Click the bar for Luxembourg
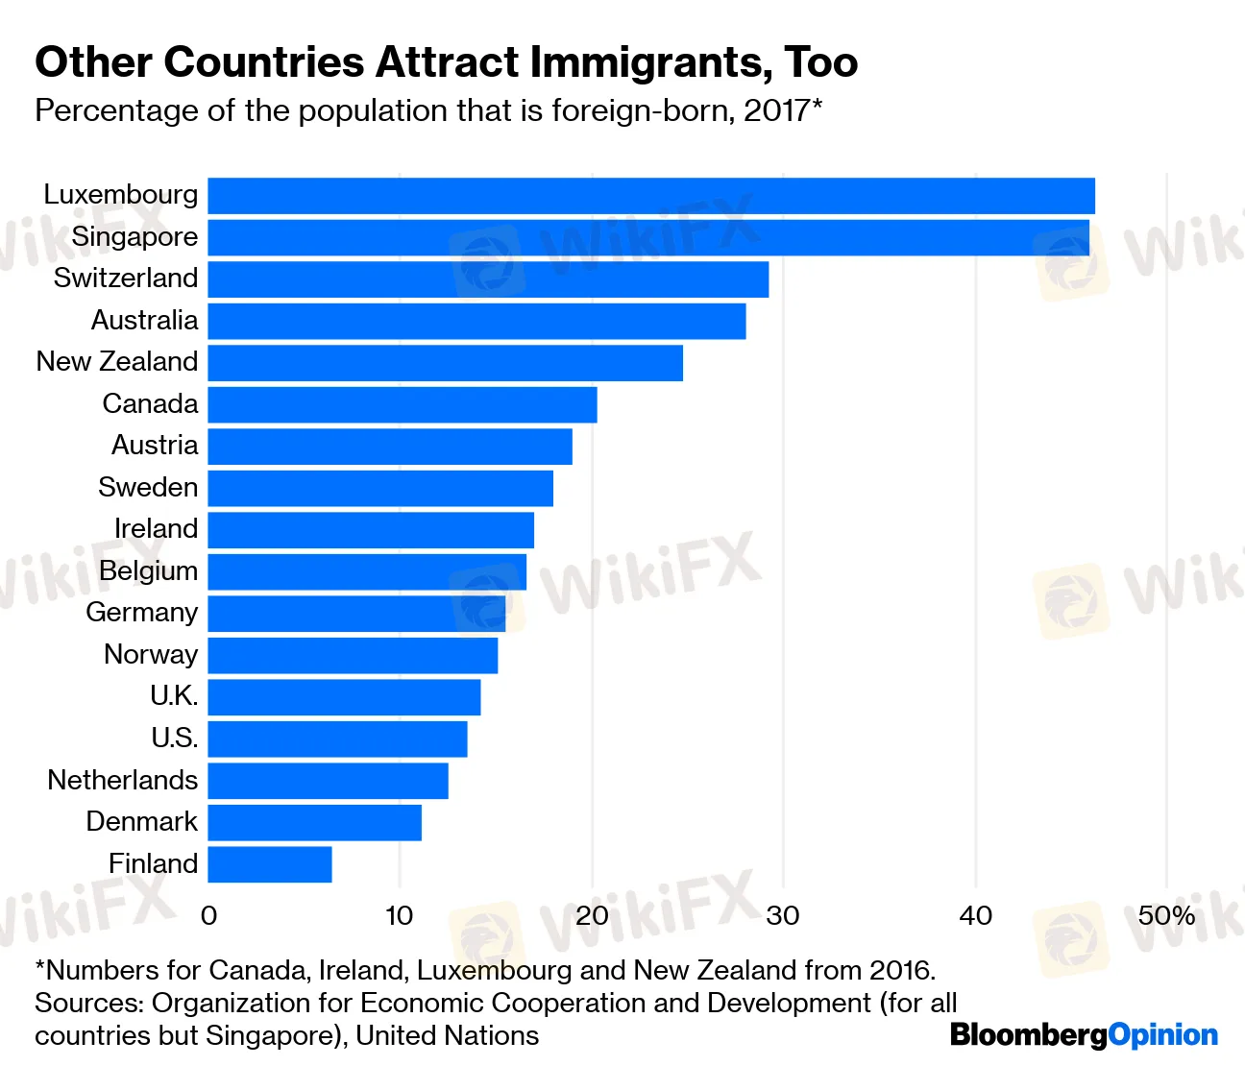(651, 196)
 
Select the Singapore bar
(648, 238)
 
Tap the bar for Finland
(270, 864)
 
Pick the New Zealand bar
(445, 363)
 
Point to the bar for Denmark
(314, 823)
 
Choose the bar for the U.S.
(337, 739)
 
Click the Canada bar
(403, 404)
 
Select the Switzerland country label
(126, 279)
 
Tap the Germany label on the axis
(141, 613)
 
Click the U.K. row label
(174, 696)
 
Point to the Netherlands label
(123, 780)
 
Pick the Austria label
(155, 446)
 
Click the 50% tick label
(1166, 916)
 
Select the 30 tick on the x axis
(783, 916)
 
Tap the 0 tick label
(208, 916)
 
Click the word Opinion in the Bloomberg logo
(1162, 1035)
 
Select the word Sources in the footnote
(88, 1003)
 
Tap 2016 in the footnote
(900, 970)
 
